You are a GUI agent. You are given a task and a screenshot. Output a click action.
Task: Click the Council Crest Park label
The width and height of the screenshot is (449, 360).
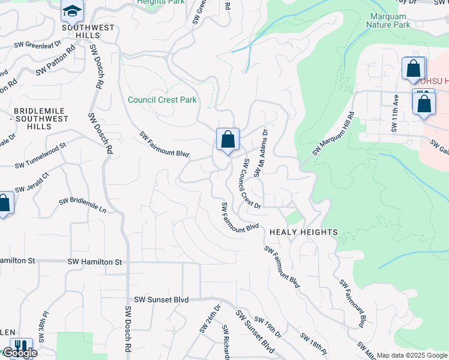(x=162, y=100)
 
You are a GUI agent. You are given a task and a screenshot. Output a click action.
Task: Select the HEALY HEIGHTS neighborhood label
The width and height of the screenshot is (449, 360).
(x=303, y=232)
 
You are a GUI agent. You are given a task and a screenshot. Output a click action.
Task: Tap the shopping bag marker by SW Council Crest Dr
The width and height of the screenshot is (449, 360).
(x=228, y=140)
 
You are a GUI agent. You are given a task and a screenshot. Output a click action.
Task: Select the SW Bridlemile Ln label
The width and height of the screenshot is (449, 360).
(x=82, y=205)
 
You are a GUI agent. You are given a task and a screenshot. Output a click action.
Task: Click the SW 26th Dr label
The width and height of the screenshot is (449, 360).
(x=210, y=317)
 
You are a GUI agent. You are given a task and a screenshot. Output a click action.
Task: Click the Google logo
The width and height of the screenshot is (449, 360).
(x=20, y=353)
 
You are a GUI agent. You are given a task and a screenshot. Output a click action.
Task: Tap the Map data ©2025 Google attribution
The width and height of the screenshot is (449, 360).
(x=412, y=355)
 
